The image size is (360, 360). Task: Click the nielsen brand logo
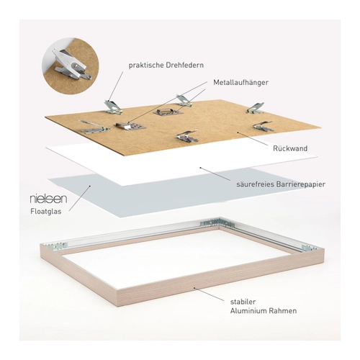48,199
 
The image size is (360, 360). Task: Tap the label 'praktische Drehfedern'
166,66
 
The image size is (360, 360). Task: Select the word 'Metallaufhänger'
240,83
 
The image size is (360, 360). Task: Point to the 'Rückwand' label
290,148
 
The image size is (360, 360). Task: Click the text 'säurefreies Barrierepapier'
281,184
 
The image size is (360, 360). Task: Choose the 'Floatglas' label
46,212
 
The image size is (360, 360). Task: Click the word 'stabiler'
243,302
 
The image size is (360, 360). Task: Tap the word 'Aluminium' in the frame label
248,311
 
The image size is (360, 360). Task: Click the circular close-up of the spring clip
71,66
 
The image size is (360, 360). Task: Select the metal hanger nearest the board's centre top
168,112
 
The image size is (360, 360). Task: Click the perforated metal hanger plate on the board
130,127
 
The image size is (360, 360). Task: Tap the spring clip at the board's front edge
187,136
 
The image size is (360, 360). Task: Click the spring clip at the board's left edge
96,127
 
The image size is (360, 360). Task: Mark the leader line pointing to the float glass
79,199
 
